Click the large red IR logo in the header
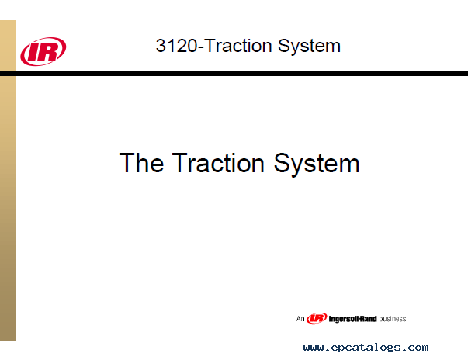click(x=43, y=51)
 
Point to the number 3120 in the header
click(x=177, y=46)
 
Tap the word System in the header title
click(x=309, y=47)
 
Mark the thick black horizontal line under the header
click(x=234, y=74)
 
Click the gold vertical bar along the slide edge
click(x=8, y=180)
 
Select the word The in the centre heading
click(x=141, y=163)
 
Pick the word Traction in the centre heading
click(x=218, y=163)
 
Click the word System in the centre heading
click(x=317, y=164)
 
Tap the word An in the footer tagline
click(x=300, y=319)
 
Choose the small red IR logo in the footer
click(x=317, y=318)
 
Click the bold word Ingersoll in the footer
click(x=344, y=319)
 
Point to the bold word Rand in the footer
click(x=369, y=319)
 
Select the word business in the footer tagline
click(x=393, y=319)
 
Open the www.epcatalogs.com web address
click(x=366, y=348)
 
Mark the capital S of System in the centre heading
click(x=282, y=163)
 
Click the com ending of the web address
click(x=418, y=348)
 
